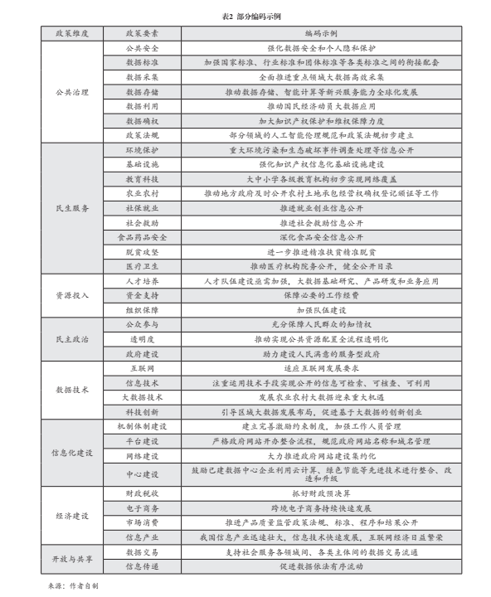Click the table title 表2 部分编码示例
pyautogui.click(x=245, y=16)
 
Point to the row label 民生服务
pyautogui.click(x=71, y=207)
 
